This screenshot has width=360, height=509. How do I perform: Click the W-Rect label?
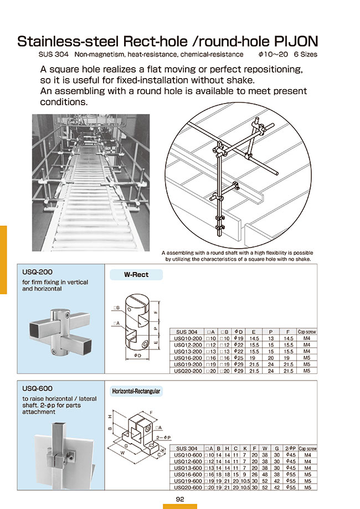pyautogui.click(x=136, y=275)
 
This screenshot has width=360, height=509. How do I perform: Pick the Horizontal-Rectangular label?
pyautogui.click(x=136, y=391)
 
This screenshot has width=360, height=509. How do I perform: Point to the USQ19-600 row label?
pyautogui.click(x=187, y=482)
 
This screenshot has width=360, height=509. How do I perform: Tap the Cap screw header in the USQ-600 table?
pyautogui.click(x=308, y=448)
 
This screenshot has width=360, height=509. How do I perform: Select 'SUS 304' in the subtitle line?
pyautogui.click(x=53, y=54)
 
